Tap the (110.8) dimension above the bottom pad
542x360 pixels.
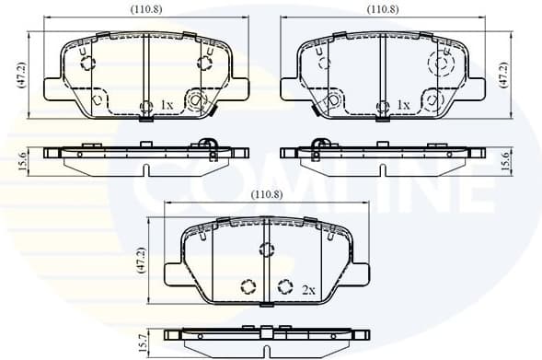tap(266, 195)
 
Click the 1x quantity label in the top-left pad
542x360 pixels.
tap(167, 105)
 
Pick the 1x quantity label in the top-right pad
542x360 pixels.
tap(402, 105)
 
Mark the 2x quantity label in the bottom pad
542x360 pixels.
tap(308, 289)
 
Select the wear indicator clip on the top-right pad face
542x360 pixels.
tap(331, 101)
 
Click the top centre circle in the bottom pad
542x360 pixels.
tap(266, 249)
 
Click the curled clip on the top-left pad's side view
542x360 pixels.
tap(207, 145)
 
